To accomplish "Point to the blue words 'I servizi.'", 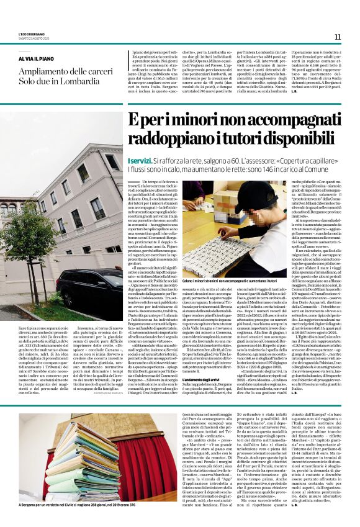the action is pyautogui.click(x=140, y=160).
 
